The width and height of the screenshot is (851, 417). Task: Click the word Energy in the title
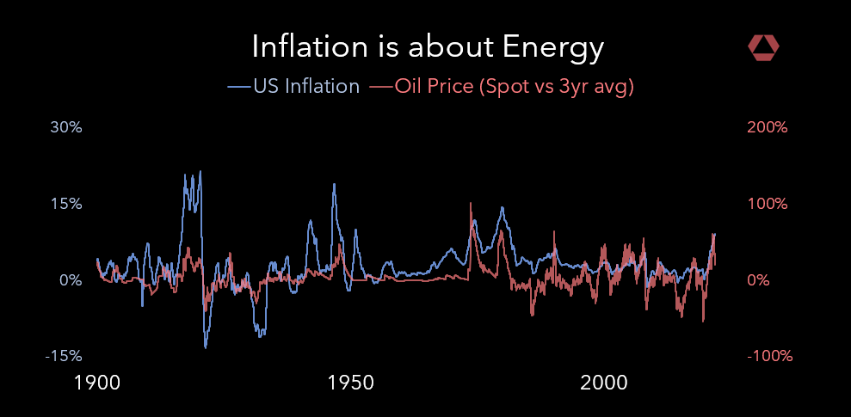point(559,47)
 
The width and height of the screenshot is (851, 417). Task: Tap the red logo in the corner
point(763,48)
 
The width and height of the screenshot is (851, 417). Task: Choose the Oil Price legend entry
point(435,87)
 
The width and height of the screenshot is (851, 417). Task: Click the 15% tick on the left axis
point(66,204)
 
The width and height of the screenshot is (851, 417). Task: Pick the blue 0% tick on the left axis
point(71,280)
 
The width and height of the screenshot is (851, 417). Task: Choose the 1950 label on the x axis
point(350,382)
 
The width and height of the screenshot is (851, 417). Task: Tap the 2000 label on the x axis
point(605,382)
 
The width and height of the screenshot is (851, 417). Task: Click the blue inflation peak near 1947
point(334,184)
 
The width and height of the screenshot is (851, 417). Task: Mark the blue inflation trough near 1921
point(206,346)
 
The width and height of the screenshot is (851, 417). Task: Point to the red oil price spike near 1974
point(471,204)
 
